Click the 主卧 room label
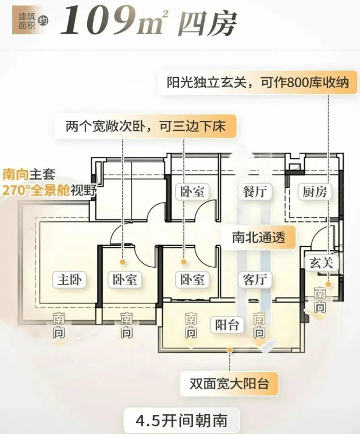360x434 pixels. point(68,279)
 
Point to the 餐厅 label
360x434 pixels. point(255,192)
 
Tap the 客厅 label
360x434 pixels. point(255,279)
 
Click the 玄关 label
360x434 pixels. point(321,263)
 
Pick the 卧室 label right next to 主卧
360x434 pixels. point(125,279)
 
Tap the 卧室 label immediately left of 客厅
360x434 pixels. point(191,279)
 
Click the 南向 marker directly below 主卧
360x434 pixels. point(59,326)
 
